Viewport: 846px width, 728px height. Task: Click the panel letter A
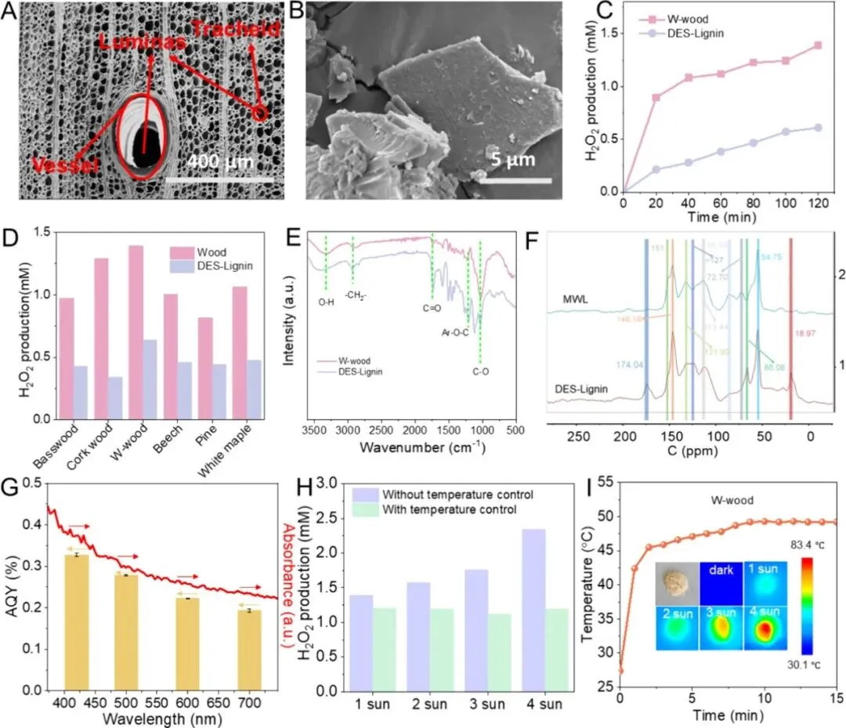10,13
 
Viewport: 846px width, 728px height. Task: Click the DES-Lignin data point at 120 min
818,127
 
